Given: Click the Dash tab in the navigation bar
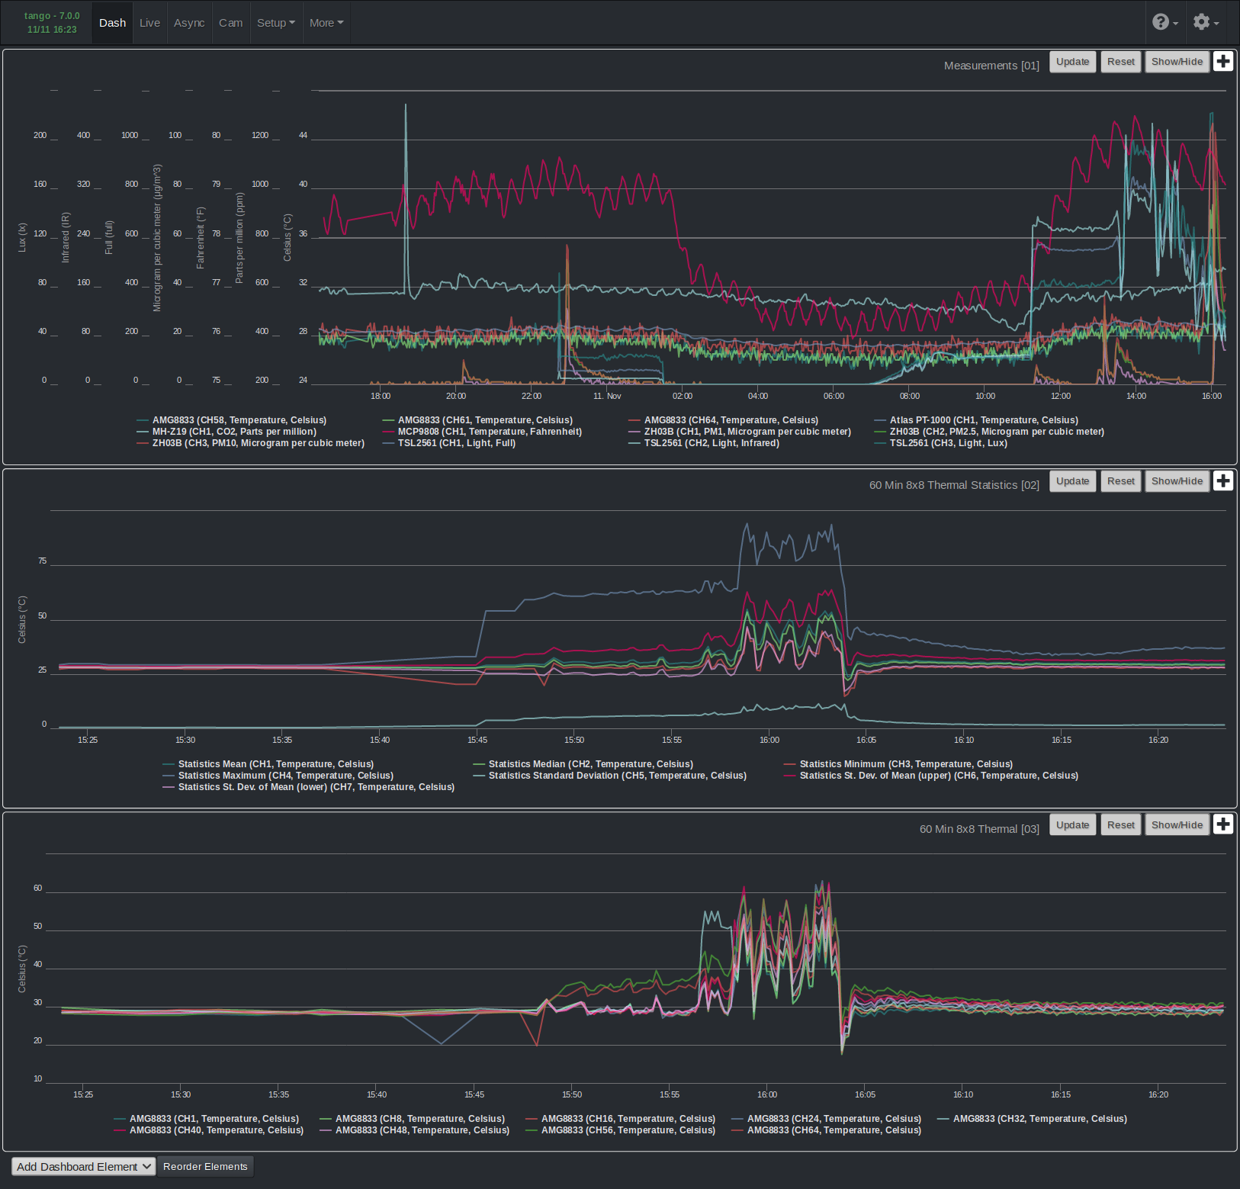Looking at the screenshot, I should pyautogui.click(x=112, y=23).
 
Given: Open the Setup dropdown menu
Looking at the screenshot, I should pyautogui.click(x=275, y=23).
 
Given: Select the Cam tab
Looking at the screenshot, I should pyautogui.click(x=230, y=23).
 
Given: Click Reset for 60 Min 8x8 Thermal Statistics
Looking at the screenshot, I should pyautogui.click(x=1120, y=481).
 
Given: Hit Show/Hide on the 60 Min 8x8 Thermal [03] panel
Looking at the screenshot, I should pyautogui.click(x=1177, y=825).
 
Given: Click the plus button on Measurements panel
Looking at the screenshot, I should pyautogui.click(x=1223, y=62).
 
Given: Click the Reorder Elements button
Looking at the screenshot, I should pyautogui.click(x=205, y=1167).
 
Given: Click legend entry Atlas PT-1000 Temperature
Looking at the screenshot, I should pyautogui.click(x=983, y=420).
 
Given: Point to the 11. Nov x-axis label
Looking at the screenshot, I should pyautogui.click(x=607, y=396).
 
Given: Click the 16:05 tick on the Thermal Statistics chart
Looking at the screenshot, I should pyautogui.click(x=866, y=740).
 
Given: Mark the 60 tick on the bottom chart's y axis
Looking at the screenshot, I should pyautogui.click(x=38, y=889).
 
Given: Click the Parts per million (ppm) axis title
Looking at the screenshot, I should pyautogui.click(x=239, y=238).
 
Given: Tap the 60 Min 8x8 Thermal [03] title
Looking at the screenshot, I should pyautogui.click(x=978, y=829).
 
